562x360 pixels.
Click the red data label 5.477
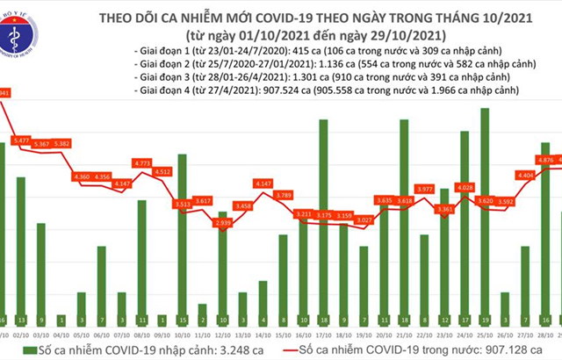pos(22,140)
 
